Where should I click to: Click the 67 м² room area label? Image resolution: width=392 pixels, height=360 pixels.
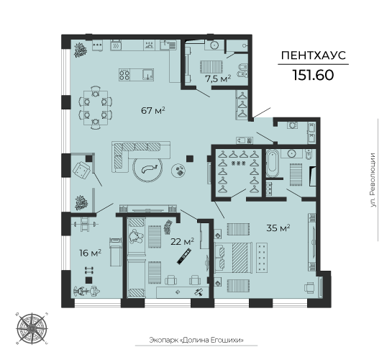153,110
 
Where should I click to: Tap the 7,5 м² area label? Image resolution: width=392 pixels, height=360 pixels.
217,78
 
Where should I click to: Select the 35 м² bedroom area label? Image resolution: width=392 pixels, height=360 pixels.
278,228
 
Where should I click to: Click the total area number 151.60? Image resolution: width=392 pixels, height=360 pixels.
313,76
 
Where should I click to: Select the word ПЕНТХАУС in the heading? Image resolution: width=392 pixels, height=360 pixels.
313,55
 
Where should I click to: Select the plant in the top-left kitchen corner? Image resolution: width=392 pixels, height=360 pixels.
79,49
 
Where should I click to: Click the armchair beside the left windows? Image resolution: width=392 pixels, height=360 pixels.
82,171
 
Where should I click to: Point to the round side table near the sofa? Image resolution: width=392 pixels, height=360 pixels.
178,169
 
